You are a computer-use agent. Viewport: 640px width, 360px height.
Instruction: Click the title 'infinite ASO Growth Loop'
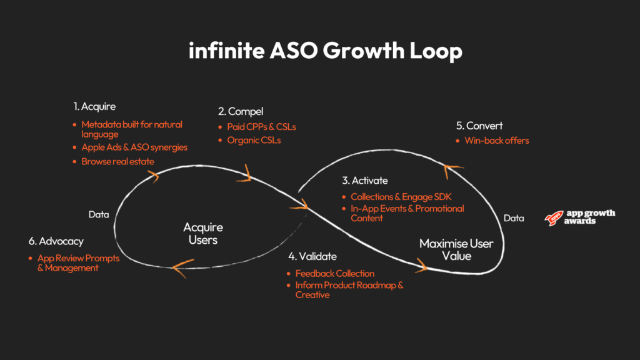(x=325, y=51)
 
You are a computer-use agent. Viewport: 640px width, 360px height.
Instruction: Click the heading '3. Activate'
(x=364, y=181)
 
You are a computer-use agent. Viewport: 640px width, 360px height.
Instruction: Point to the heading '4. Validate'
(x=312, y=256)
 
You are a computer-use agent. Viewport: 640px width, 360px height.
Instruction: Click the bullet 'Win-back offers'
(x=496, y=141)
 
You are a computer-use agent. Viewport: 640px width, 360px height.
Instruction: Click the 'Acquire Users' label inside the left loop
(x=202, y=233)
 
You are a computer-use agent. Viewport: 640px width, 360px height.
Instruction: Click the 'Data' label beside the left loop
(x=99, y=214)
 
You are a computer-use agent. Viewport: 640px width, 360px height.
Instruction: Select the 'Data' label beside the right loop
(x=514, y=218)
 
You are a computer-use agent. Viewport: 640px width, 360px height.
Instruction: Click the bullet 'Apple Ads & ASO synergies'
(x=134, y=147)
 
